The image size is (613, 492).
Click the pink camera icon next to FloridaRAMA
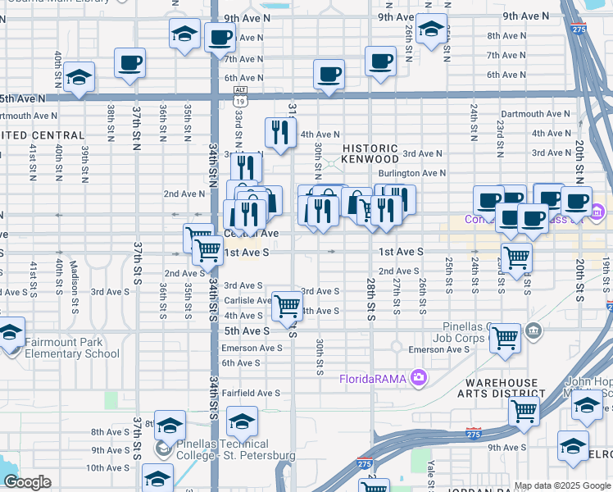[x=419, y=377]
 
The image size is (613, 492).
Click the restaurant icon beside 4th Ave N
[x=279, y=132]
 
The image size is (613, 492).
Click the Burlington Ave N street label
[x=411, y=173]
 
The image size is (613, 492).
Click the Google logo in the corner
[x=27, y=482]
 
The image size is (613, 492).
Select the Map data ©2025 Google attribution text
[x=562, y=485]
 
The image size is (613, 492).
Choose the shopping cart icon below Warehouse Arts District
[x=524, y=411]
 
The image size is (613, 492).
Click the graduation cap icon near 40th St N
[x=79, y=78]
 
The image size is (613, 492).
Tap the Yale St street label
[x=430, y=477]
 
